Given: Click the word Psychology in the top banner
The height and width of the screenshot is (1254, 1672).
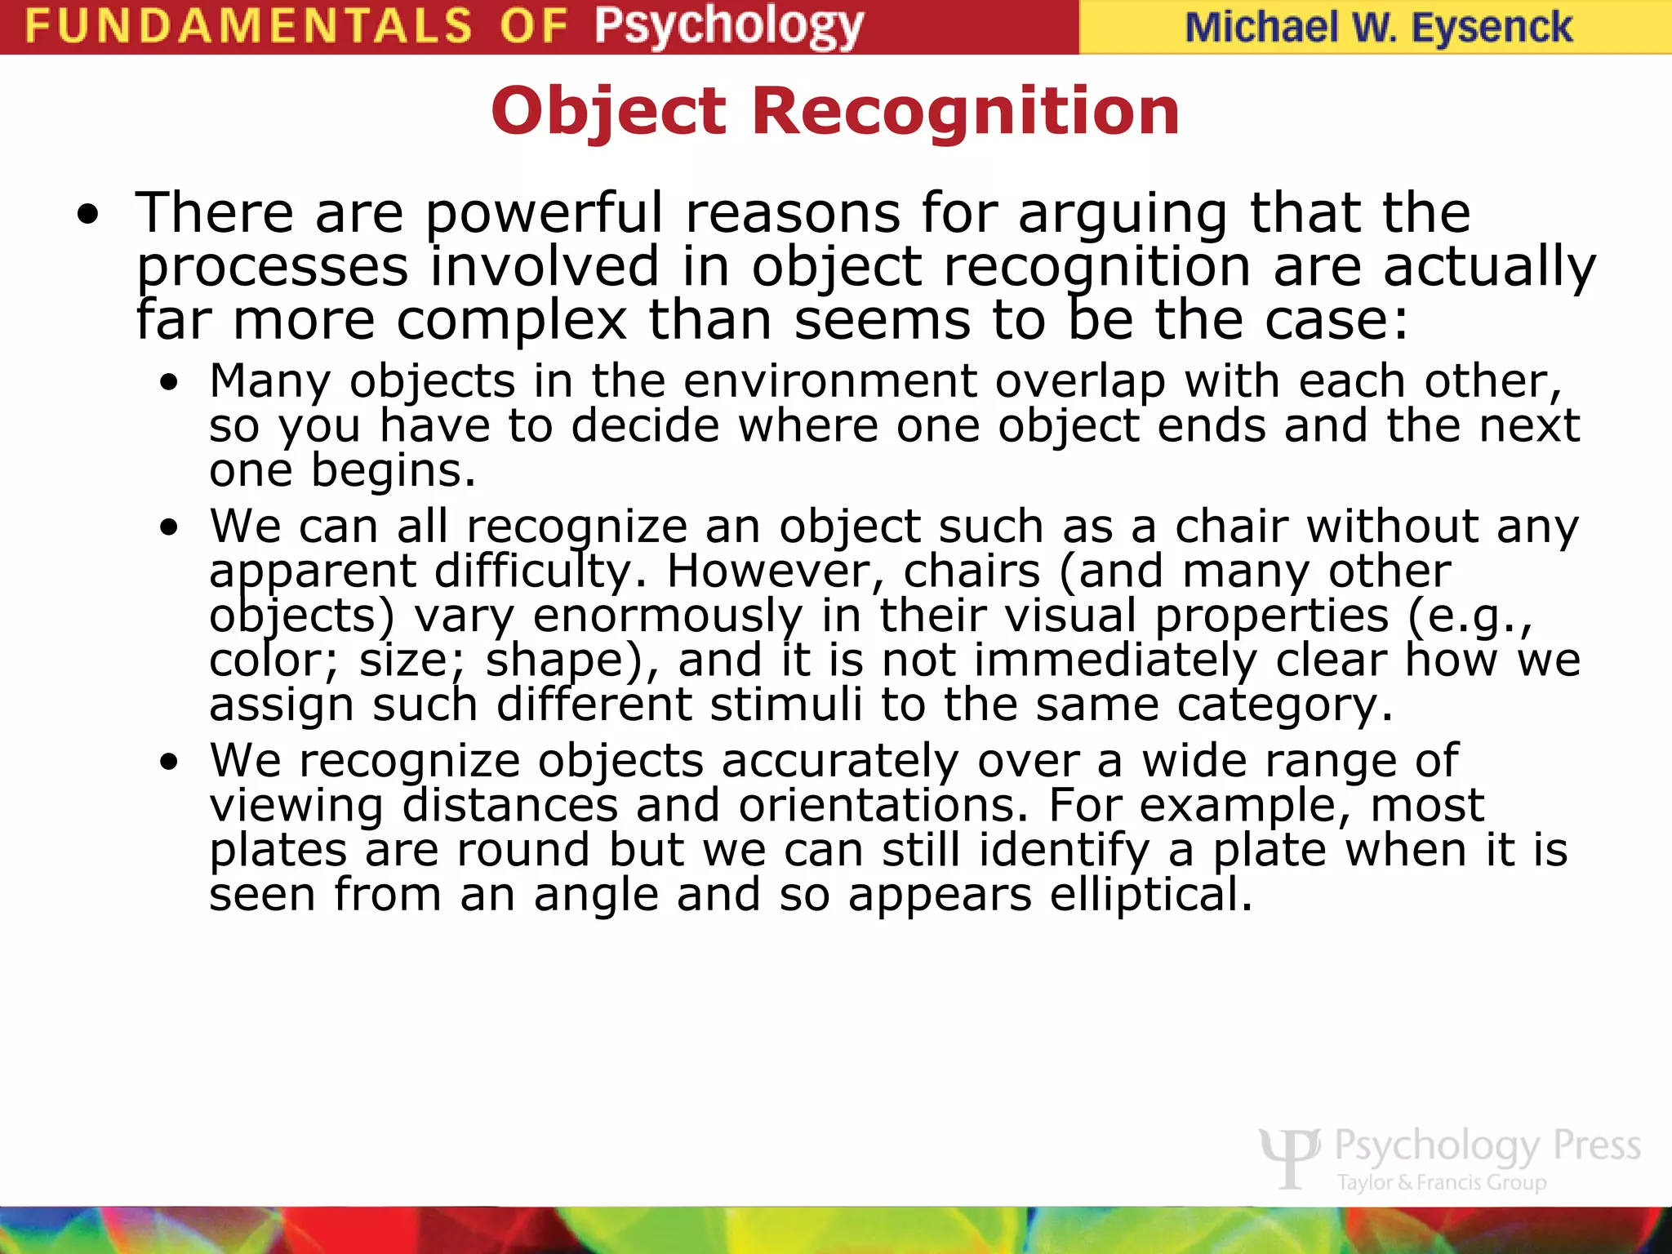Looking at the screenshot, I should point(728,26).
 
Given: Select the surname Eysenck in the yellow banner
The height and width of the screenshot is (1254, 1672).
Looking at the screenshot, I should point(1492,28).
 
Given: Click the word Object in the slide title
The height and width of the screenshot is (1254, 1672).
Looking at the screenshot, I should point(608,111).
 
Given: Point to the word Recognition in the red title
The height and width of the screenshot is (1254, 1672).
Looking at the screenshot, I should point(965,111).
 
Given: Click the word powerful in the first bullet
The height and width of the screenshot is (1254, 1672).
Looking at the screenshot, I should point(545,214).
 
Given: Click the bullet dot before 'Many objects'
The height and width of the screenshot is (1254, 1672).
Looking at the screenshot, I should point(169,383).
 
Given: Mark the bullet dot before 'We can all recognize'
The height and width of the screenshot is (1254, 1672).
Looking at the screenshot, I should point(169,528).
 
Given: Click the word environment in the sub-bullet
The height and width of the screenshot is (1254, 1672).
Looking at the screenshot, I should point(829,381).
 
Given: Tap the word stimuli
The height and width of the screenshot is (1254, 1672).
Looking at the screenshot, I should point(785,705).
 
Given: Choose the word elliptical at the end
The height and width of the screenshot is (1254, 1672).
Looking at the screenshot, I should point(1150,895).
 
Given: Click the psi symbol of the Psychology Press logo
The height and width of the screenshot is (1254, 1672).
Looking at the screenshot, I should point(1289,1155).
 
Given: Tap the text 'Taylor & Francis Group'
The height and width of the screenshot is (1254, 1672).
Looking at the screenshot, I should point(1442,1183).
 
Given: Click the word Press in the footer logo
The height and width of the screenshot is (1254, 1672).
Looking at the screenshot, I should point(1596,1145).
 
